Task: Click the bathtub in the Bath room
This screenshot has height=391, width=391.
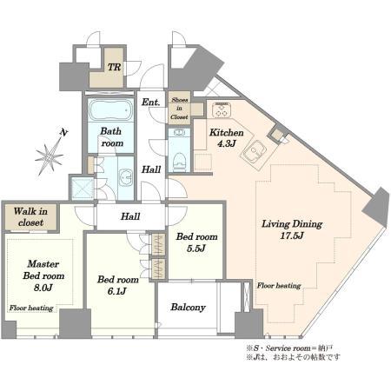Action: (x=110, y=110)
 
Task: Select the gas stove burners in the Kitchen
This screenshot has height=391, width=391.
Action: (x=222, y=109)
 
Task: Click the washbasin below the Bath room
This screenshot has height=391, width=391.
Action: (x=126, y=177)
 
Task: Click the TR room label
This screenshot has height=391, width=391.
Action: (x=115, y=67)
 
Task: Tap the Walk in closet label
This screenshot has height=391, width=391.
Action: (x=30, y=217)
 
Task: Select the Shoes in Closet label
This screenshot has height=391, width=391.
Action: (x=179, y=109)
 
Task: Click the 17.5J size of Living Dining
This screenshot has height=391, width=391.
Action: (x=292, y=235)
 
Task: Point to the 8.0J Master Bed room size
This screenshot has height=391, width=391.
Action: (x=43, y=288)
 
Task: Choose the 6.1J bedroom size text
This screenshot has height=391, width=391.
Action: (x=116, y=291)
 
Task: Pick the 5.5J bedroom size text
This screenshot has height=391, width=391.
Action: (x=196, y=249)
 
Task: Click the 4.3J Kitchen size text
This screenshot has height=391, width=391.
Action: (x=226, y=143)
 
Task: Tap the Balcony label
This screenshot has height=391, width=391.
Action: (x=188, y=307)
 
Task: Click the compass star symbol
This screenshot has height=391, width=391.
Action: (x=50, y=157)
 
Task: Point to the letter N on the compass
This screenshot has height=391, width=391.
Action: (x=63, y=132)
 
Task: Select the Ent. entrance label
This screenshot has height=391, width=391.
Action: (x=150, y=103)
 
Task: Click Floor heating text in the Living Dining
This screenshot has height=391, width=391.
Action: (x=279, y=286)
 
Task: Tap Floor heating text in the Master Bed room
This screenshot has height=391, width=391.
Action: (x=31, y=308)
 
